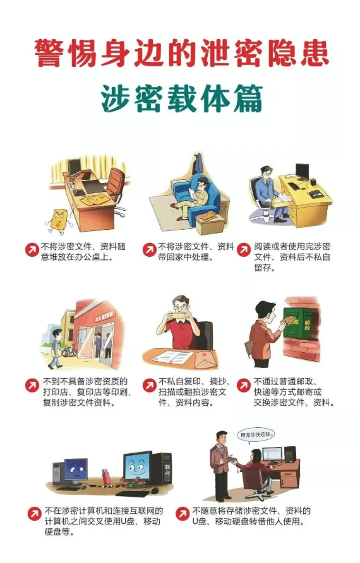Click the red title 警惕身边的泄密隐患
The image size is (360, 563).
(181, 54)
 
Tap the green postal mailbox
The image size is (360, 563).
(297, 323)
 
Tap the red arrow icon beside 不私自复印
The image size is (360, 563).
(149, 385)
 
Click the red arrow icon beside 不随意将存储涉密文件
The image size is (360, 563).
(183, 513)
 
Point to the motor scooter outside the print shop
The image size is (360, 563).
(69, 350)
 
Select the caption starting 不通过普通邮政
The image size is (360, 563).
(294, 392)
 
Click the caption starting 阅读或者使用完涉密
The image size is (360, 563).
(292, 257)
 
